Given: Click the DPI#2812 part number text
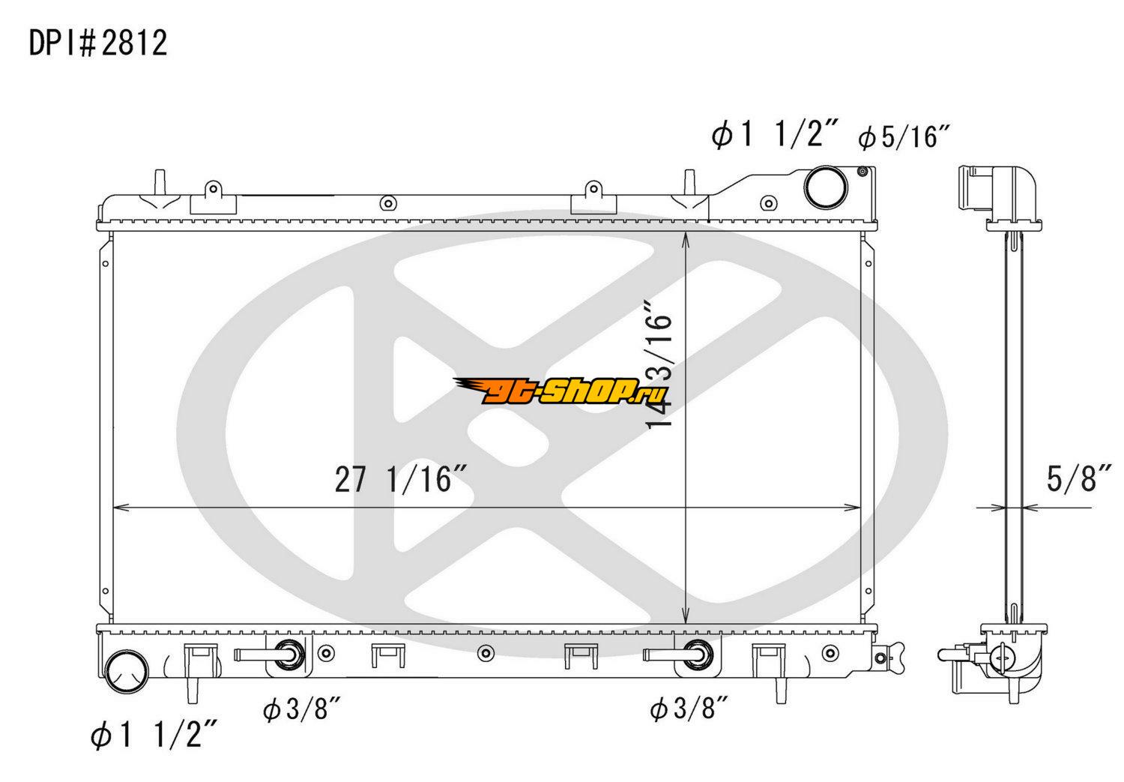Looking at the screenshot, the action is coord(98,43).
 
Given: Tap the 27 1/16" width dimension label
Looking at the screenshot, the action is coord(402,479).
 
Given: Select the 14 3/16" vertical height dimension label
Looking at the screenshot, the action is coord(658,364).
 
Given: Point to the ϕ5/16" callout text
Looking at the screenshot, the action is coord(904,136).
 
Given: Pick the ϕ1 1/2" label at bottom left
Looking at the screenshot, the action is coord(154,735).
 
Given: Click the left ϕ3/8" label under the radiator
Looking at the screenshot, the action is coord(302,710).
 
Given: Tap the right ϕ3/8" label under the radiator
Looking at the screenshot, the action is coord(689,710).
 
